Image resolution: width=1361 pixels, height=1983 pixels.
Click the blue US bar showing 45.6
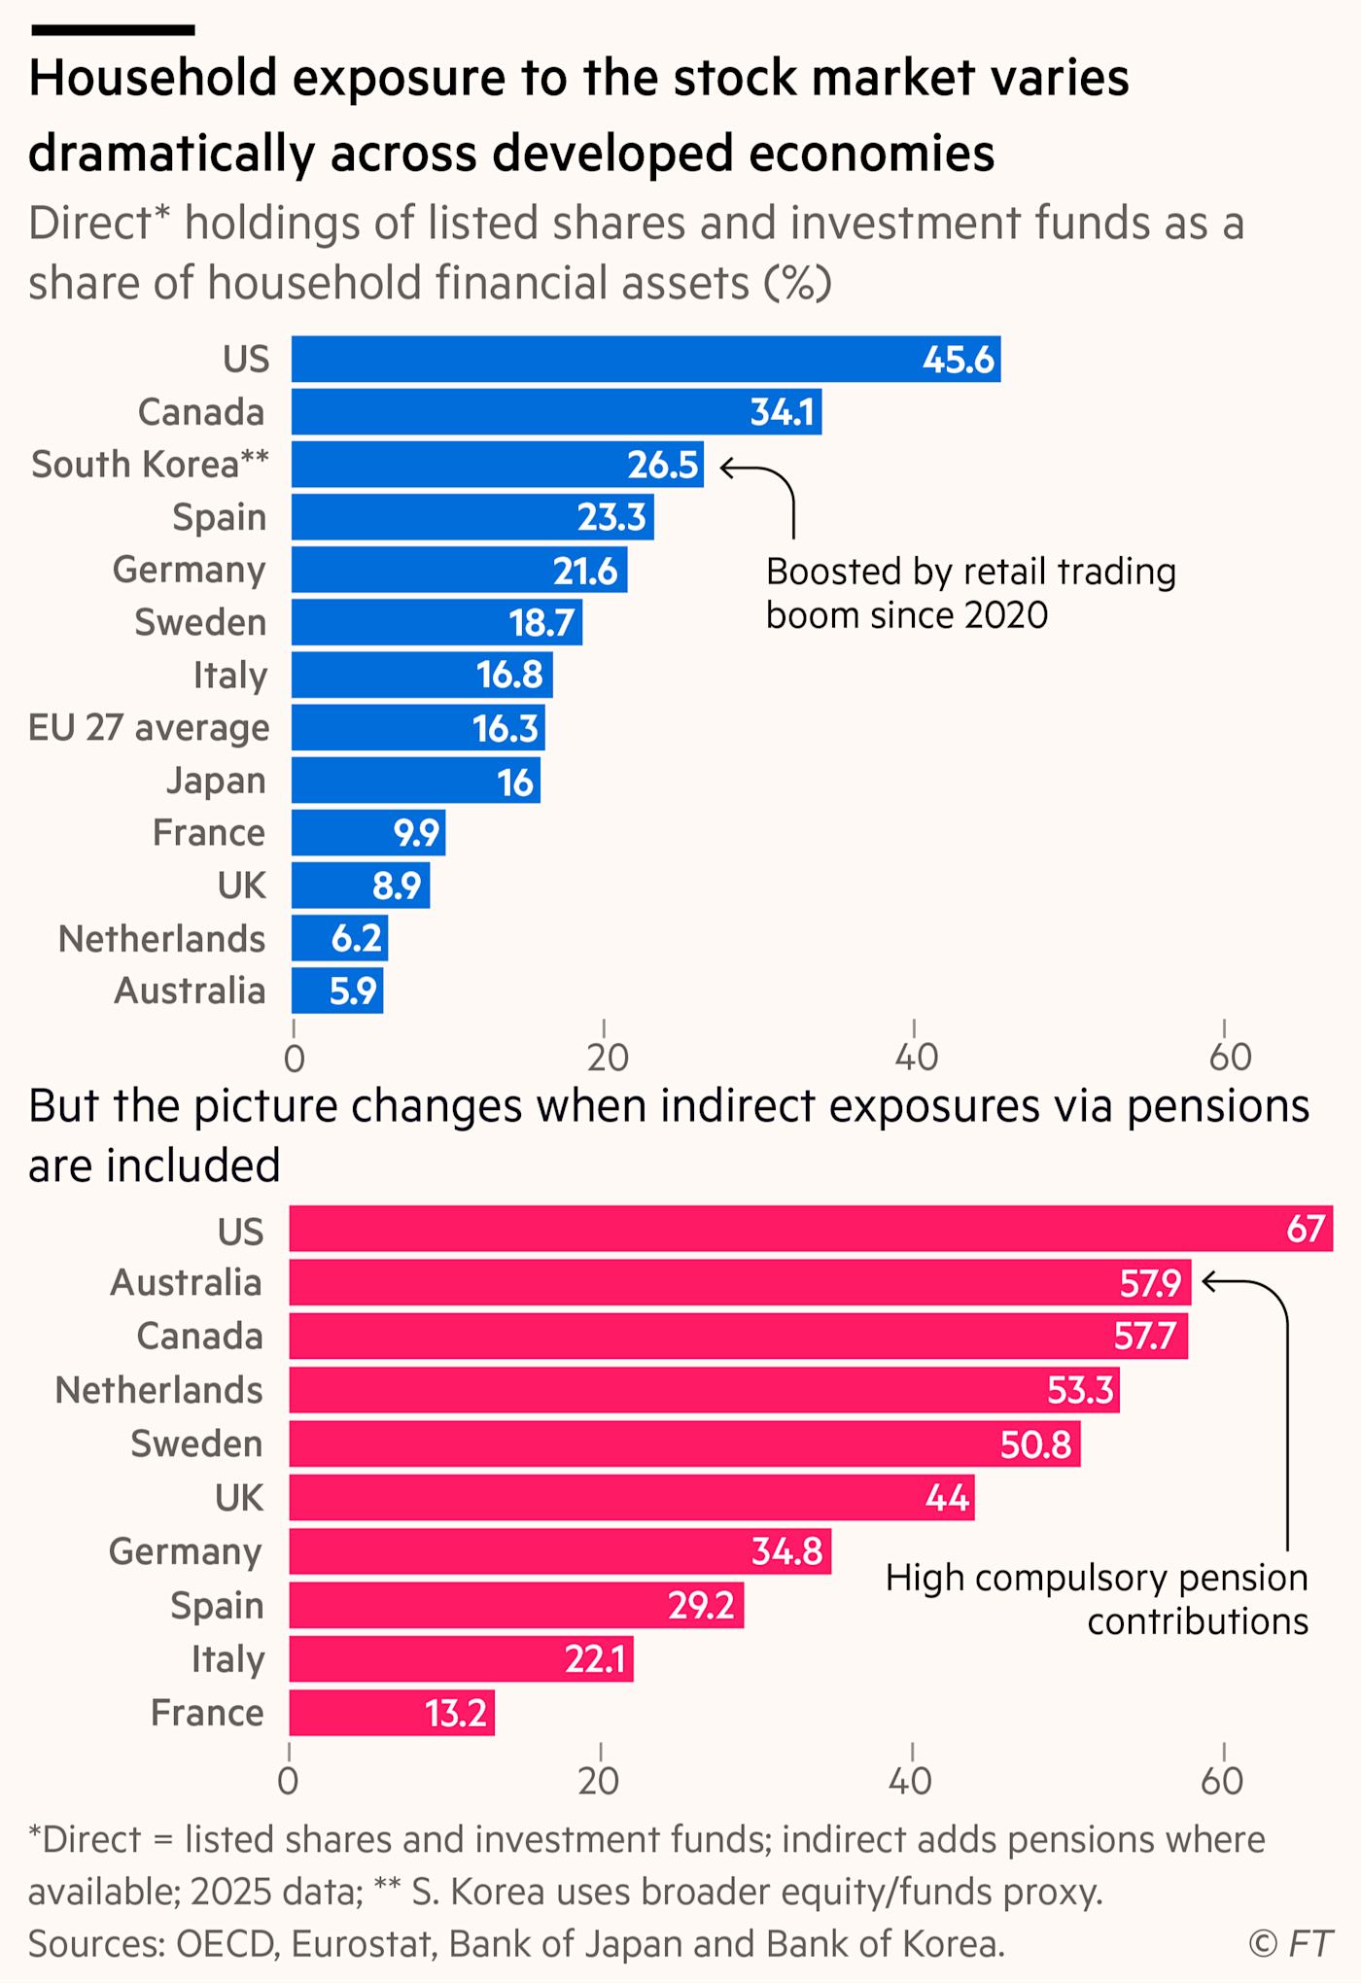click(x=646, y=360)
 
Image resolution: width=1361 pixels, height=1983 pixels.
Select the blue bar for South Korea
click(x=498, y=465)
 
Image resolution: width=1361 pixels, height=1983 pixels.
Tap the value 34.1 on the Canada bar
click(x=783, y=412)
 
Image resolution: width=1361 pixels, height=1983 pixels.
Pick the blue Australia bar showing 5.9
click(x=337, y=991)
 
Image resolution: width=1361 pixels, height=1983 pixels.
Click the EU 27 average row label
click(x=149, y=728)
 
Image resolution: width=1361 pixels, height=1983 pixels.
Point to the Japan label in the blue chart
click(x=216, y=782)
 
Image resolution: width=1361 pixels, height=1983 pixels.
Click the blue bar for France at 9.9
click(x=368, y=833)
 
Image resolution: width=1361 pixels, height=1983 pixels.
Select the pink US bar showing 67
click(x=811, y=1229)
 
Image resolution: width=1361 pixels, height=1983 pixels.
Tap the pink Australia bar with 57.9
click(x=740, y=1283)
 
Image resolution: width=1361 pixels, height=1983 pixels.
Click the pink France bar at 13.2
click(x=392, y=1713)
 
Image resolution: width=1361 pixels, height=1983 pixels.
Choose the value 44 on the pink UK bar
click(x=947, y=1498)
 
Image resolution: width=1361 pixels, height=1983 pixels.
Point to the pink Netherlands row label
click(x=158, y=1390)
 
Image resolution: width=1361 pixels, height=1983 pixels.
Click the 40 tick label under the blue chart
click(x=916, y=1058)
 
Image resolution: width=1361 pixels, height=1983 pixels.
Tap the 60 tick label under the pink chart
click(x=1222, y=1781)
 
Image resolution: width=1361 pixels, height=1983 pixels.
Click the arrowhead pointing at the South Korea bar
click(x=726, y=469)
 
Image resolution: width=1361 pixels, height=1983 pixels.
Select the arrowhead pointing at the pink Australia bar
click(x=1208, y=1282)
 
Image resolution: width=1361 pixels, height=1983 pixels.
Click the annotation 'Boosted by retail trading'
click(x=971, y=572)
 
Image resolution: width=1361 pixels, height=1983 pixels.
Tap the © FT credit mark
click(x=1290, y=1944)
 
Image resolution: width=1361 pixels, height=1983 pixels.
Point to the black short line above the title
click(x=113, y=30)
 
